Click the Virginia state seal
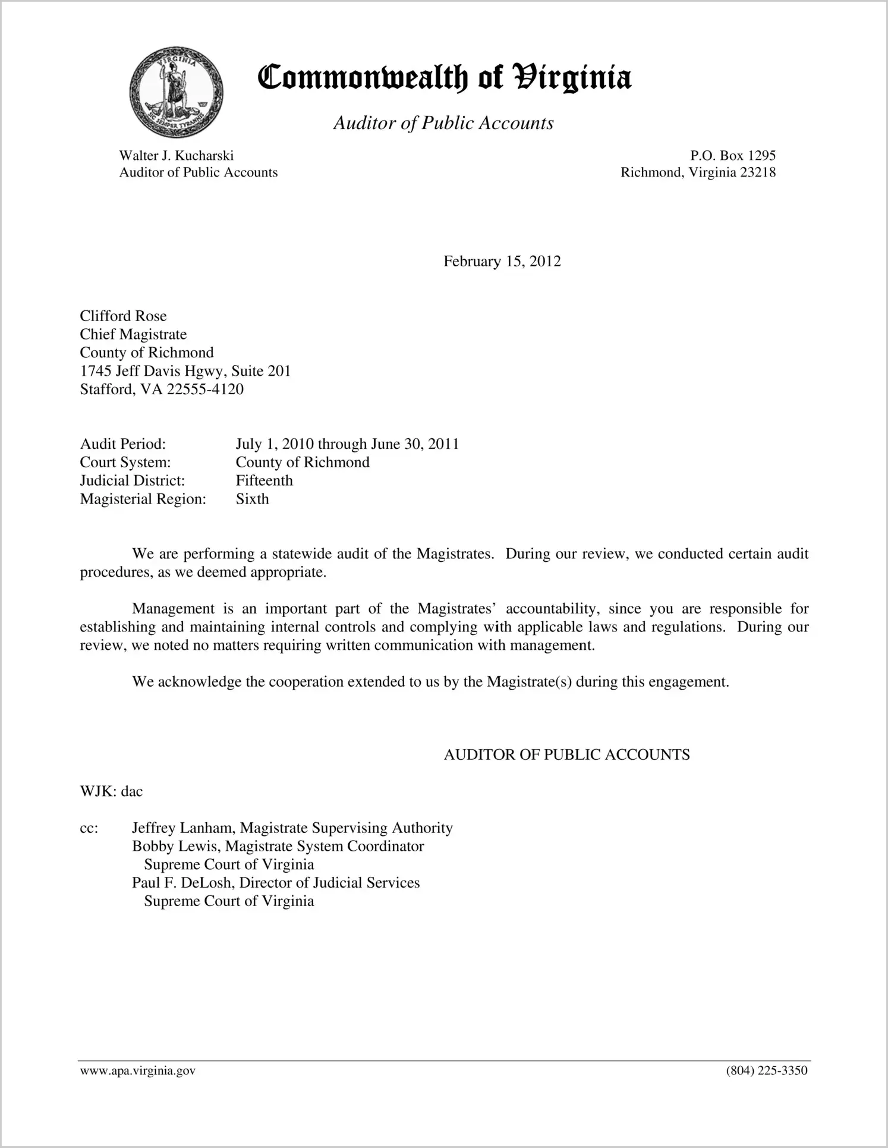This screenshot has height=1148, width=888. tap(176, 92)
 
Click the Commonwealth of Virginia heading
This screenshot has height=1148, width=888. tap(445, 78)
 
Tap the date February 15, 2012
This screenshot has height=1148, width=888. tap(502, 262)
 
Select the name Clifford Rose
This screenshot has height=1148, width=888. tap(124, 316)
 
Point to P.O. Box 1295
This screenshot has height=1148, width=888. tap(732, 156)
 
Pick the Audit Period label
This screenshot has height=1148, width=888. tap(123, 444)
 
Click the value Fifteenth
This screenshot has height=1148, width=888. tap(264, 480)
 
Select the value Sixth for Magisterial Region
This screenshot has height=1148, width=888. tap(252, 499)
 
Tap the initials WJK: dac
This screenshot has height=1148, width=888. tap(112, 791)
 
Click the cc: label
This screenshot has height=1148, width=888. tap(89, 828)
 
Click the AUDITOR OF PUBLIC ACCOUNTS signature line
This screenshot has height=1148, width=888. tap(566, 755)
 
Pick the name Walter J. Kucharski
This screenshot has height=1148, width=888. tap(176, 156)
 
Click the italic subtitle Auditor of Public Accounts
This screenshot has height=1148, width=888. tap(443, 123)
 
